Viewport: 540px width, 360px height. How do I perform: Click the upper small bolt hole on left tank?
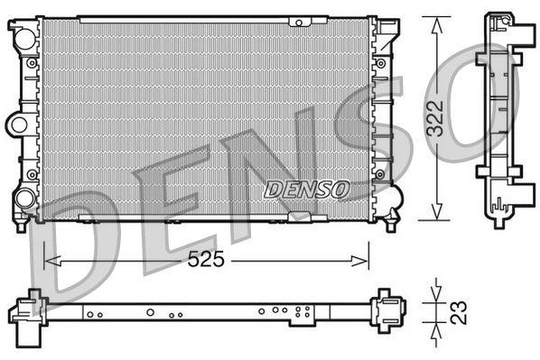pos(32,63)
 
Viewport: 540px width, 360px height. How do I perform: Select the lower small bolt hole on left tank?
pos(32,173)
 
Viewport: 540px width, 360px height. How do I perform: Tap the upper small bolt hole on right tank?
pos(384,63)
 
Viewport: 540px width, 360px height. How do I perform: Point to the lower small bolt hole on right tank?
pos(384,173)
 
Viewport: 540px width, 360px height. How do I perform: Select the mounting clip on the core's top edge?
pos(296,19)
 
